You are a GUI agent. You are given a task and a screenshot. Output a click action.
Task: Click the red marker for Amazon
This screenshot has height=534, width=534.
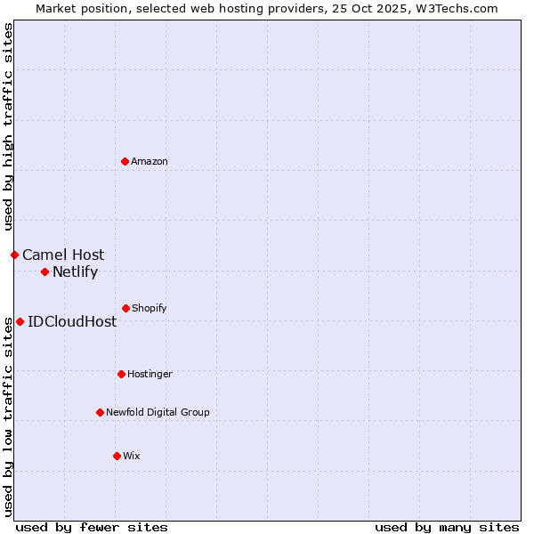(125, 161)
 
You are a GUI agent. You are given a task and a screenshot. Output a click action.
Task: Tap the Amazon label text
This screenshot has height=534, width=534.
(150, 161)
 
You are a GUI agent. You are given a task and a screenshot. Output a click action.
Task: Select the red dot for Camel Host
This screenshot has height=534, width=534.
(14, 255)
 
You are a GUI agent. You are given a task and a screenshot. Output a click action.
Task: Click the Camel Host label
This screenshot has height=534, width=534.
(63, 255)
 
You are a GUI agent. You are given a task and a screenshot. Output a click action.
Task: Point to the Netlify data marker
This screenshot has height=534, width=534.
(44, 271)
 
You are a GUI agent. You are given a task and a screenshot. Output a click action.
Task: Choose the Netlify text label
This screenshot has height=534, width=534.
(75, 272)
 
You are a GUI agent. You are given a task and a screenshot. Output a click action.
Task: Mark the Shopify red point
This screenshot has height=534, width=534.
(125, 308)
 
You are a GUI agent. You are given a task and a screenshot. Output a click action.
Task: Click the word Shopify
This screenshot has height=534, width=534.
(150, 308)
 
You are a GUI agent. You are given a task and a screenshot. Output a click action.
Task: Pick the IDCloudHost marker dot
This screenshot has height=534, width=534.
(20, 321)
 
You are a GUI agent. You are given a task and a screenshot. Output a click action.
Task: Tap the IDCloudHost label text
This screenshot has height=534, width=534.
(72, 321)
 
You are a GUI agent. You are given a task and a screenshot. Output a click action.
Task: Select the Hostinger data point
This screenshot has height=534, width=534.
(121, 374)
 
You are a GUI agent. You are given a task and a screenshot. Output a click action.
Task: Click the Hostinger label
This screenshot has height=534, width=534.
(150, 374)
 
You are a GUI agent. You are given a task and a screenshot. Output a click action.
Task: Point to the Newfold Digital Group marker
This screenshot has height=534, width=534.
(100, 412)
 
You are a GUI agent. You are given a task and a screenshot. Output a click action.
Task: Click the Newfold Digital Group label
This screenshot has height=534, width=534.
(158, 412)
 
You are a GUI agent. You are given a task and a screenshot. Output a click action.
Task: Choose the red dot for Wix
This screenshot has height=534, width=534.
(117, 456)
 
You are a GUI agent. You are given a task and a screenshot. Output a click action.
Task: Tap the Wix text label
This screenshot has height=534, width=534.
(132, 456)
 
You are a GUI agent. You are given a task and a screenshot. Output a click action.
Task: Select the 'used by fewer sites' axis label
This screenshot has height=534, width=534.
(92, 527)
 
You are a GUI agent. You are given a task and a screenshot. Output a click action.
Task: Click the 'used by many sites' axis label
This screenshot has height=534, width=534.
(447, 527)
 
